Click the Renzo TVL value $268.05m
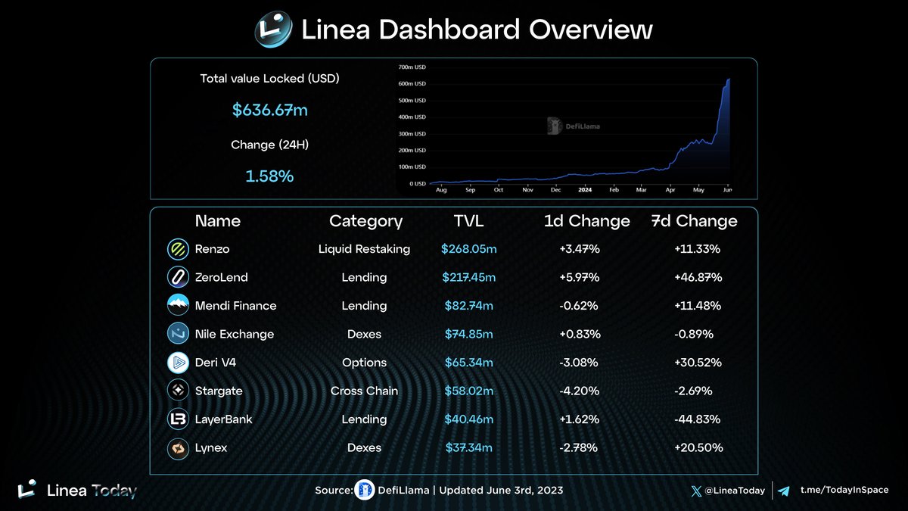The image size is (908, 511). pos(469,249)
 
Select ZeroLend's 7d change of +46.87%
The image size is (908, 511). pos(698,278)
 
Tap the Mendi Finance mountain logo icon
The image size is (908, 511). pos(178,306)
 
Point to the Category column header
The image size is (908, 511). pos(365,221)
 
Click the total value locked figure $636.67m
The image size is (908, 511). pos(270,111)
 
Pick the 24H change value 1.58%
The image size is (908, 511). pos(269,176)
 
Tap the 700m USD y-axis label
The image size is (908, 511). pos(412,67)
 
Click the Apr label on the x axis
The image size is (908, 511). pos(670,190)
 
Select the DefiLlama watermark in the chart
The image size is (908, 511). pos(574,126)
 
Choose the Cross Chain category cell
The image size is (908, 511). pos(364,391)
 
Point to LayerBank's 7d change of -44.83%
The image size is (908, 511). pos(698,419)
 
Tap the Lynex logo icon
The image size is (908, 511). pos(178,448)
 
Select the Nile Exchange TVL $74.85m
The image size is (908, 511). pos(469,335)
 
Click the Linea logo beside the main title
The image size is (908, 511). pos(272,31)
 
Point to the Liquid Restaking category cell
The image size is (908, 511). pos(364,249)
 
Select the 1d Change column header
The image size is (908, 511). pos(586,221)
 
